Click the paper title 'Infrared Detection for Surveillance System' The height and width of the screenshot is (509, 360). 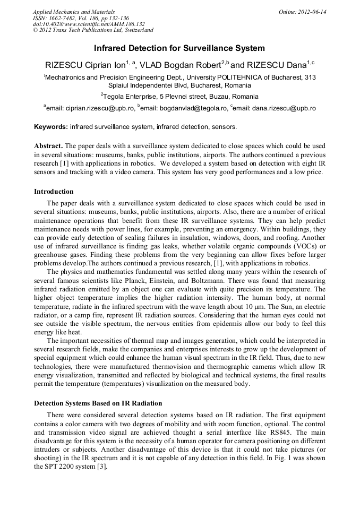coord(179,48)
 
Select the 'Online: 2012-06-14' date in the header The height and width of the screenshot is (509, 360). coord(302,11)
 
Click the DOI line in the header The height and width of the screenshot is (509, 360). coord(89,24)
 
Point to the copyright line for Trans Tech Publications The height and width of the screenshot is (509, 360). coord(93,30)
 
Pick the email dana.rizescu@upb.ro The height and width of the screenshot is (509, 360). coord(284,108)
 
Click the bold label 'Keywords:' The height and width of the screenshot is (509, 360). coord(51,127)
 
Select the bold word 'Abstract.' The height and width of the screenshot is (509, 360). coord(49,145)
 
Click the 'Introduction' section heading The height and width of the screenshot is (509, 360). coord(54,191)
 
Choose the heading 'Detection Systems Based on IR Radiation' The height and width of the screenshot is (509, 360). coord(98,403)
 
